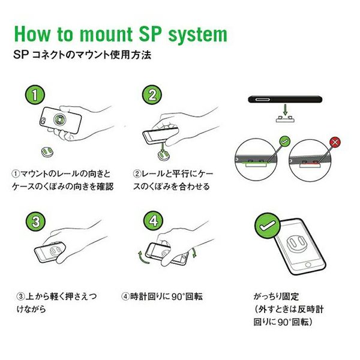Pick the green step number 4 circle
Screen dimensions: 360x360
153,221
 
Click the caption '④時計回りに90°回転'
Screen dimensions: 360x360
163,296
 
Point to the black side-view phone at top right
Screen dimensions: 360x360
285,96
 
